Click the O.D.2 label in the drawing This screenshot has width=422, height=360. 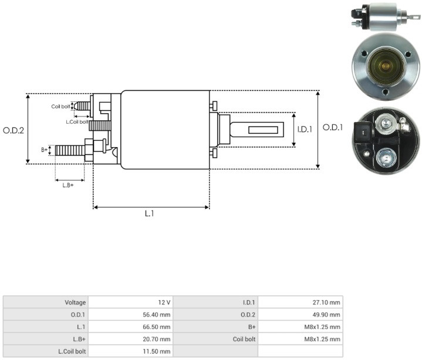tap(13, 130)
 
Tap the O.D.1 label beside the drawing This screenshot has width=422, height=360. tap(333, 127)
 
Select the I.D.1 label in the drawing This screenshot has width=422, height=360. tap(305, 130)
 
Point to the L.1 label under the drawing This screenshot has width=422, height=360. tap(149, 214)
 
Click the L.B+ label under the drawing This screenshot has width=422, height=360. tap(68, 185)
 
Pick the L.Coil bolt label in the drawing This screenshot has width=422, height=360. tap(77, 122)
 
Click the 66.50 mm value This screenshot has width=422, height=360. tap(157, 327)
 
